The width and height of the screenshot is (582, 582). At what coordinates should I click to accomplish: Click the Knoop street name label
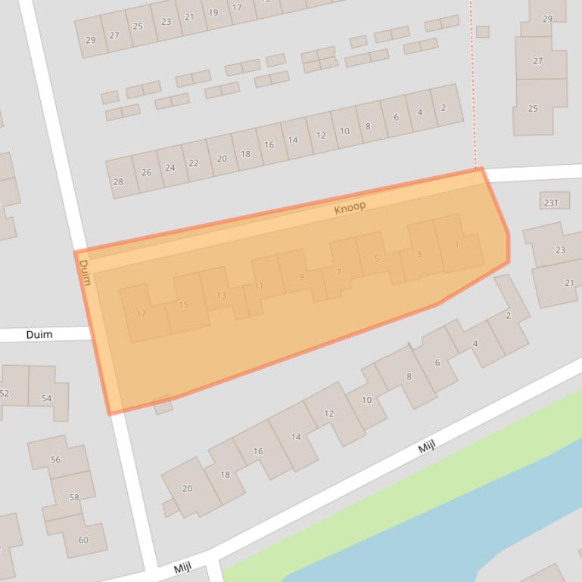pos(350,207)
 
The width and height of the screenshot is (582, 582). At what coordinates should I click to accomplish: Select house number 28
pos(118,181)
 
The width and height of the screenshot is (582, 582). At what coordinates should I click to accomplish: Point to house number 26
pos(146,172)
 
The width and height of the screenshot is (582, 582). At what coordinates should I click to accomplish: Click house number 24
pos(170,168)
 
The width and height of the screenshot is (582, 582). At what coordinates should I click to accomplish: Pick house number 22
pos(194,163)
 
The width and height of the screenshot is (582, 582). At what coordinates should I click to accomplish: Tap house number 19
pos(213,12)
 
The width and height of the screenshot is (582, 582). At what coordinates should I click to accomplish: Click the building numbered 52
pos(4,393)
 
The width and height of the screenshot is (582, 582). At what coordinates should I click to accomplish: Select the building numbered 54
pos(47,398)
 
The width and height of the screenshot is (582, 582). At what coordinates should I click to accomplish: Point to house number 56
pos(55,460)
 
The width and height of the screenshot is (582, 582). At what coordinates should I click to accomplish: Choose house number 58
pos(73,497)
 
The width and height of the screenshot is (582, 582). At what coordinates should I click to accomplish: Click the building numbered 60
pos(83,540)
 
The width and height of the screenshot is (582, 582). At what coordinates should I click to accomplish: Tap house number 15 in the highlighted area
pos(183,305)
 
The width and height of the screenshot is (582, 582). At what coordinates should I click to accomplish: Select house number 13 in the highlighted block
pos(221,295)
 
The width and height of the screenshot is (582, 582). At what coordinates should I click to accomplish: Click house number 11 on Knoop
pos(259,286)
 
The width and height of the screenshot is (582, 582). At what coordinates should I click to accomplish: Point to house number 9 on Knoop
pos(301,277)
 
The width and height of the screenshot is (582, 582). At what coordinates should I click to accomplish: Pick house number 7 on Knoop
pos(339,272)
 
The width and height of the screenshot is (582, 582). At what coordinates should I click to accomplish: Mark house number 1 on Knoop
pos(457,245)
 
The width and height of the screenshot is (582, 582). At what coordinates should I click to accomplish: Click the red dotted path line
pos(472,91)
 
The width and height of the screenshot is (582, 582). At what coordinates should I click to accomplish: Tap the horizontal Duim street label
pos(39,334)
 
